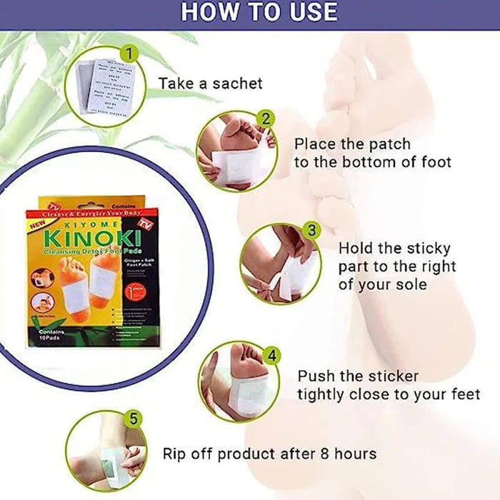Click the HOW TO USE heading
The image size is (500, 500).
pyautogui.click(x=259, y=12)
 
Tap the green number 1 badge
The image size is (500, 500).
pyautogui.click(x=129, y=53)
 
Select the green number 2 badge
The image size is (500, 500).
pyautogui.click(x=265, y=119)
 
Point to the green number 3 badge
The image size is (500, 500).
pyautogui.click(x=310, y=230)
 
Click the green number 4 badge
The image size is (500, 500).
pyautogui.click(x=271, y=355)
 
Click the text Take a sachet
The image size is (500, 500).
pyautogui.click(x=210, y=84)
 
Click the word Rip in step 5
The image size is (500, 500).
pyautogui.click(x=174, y=454)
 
